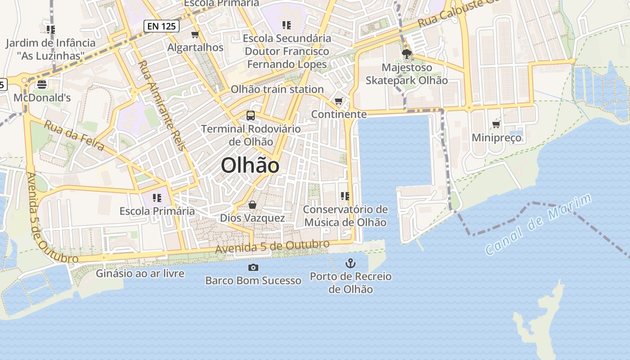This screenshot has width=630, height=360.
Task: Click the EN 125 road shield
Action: click(162, 26)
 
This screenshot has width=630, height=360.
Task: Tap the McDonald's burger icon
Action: click(42, 84)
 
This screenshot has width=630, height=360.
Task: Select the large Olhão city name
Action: click(250, 166)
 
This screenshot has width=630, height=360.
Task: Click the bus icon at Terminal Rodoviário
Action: click(251, 115)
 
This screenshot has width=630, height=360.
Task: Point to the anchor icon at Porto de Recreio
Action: click(351, 263)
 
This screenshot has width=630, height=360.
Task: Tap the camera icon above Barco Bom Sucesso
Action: click(253, 267)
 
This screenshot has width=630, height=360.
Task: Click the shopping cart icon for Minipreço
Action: click(496, 124)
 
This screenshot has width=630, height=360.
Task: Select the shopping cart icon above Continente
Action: click(339, 101)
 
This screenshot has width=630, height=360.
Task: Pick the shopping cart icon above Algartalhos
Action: click(195, 34)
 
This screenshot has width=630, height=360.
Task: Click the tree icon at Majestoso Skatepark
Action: click(407, 54)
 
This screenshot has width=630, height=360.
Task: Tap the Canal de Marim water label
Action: click(539, 225)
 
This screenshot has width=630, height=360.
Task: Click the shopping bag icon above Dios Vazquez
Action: click(252, 205)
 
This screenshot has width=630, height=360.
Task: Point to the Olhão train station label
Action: click(277, 89)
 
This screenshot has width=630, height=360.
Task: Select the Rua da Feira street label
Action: click(74, 135)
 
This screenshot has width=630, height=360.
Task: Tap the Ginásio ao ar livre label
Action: click(140, 273)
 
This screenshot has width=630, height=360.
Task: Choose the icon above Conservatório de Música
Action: click(345, 196)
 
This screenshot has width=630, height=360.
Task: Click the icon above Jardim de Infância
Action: click(51, 30)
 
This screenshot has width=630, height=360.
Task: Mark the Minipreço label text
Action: click(496, 138)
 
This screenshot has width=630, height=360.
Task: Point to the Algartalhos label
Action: click(195, 47)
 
